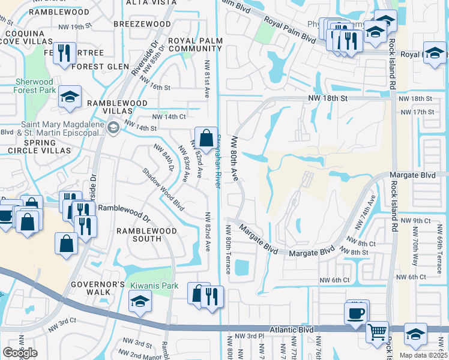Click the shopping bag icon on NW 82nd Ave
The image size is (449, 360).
(206, 139)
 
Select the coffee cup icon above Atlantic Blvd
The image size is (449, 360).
(355, 313)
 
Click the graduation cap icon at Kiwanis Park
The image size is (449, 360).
(139, 301)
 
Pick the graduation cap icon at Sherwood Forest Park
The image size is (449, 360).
(70, 96)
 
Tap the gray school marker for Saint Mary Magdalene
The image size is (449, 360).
(112, 128)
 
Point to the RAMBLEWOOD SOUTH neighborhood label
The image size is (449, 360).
(147, 235)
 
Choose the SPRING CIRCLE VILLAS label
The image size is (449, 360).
(39, 147)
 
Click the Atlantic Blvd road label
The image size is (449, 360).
(292, 329)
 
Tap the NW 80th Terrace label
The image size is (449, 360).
(229, 249)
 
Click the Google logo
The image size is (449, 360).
(20, 352)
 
